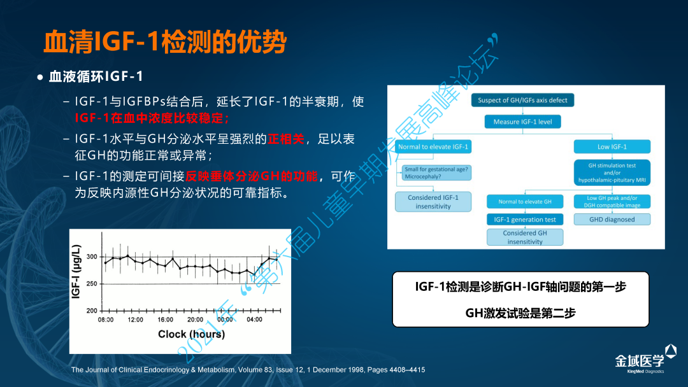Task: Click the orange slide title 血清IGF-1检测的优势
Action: pyautogui.click(x=165, y=42)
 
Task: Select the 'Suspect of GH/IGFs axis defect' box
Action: pyautogui.click(x=522, y=100)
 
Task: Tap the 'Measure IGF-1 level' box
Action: pyautogui.click(x=522, y=122)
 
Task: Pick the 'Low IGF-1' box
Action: pyautogui.click(x=612, y=147)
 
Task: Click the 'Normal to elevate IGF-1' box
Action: pyautogui.click(x=433, y=147)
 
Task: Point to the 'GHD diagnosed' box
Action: pyautogui.click(x=612, y=219)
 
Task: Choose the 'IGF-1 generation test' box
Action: pyautogui.click(x=525, y=219)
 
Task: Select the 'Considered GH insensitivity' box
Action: pyautogui.click(x=525, y=237)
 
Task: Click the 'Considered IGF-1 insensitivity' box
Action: pyautogui.click(x=433, y=202)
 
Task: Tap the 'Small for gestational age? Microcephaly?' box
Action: pyautogui.click(x=436, y=172)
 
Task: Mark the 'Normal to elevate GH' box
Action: pyautogui.click(x=525, y=202)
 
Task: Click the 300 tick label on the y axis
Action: pyautogui.click(x=92, y=257)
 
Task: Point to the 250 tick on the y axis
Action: pyautogui.click(x=92, y=283)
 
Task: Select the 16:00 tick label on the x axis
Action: pyautogui.click(x=166, y=320)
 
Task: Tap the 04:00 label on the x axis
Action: pyautogui.click(x=254, y=320)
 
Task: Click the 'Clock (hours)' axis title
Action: pyautogui.click(x=191, y=334)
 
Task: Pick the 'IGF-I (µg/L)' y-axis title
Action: pyautogui.click(x=76, y=272)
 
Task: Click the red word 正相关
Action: pyautogui.click(x=285, y=139)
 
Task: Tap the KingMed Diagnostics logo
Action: pyautogui.click(x=645, y=359)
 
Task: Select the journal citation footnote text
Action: pyautogui.click(x=248, y=370)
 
